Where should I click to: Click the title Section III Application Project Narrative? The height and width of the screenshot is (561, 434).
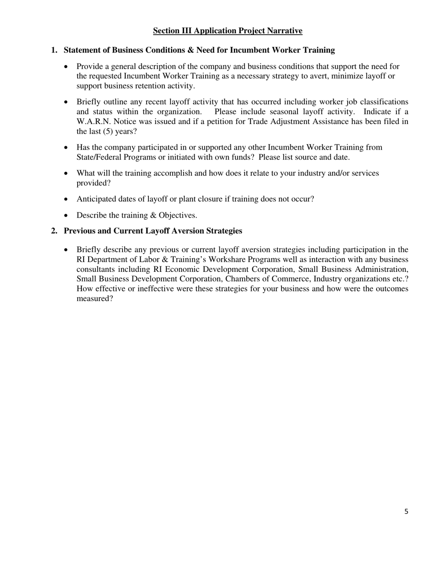[228, 31]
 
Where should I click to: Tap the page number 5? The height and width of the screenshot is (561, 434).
[406, 512]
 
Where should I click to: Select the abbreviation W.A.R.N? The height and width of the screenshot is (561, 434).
[94, 121]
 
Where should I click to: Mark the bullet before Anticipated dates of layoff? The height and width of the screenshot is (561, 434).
[67, 199]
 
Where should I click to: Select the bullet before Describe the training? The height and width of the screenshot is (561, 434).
[67, 215]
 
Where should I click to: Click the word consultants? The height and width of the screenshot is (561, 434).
[98, 269]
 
